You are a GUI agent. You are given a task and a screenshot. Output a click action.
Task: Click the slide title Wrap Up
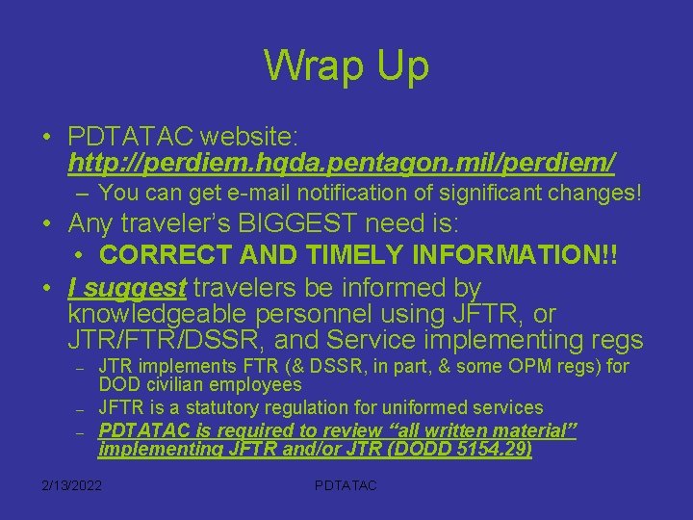346,66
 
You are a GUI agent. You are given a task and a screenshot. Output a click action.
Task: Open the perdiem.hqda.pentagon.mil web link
342,160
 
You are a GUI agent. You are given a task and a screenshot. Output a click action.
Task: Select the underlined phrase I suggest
127,287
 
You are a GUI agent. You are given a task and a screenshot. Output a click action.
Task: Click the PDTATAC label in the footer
346,485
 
